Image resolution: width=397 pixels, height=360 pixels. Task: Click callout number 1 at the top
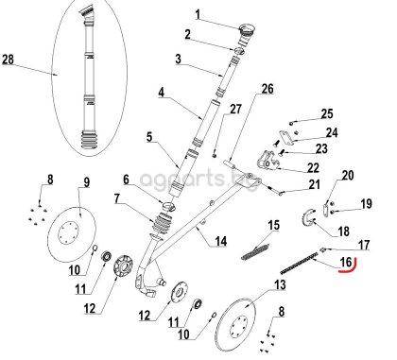[198, 14]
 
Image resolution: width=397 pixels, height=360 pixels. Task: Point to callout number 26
[267, 89]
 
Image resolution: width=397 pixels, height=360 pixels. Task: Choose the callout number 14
[219, 243]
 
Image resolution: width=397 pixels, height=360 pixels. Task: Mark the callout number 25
[327, 113]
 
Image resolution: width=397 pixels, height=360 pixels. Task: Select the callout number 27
[236, 111]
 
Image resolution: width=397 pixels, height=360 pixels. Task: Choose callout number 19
[367, 203]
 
